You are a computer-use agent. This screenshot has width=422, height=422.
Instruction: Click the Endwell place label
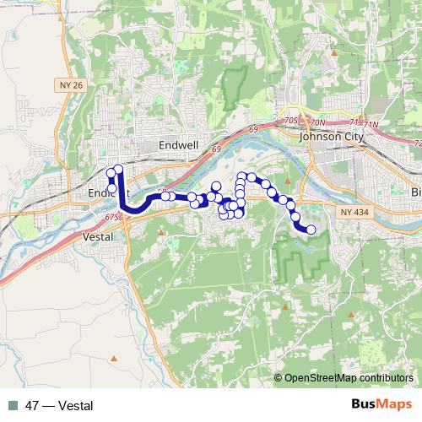point(179,145)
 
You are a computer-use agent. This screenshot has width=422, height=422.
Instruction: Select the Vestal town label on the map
point(99,238)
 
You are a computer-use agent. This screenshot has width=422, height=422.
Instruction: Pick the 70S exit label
point(292,122)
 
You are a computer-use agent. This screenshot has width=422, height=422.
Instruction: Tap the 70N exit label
point(316,122)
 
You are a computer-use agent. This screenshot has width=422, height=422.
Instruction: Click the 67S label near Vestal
point(114,218)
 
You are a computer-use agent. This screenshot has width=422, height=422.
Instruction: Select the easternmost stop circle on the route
point(311,230)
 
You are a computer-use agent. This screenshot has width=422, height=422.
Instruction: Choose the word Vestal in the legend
point(74,406)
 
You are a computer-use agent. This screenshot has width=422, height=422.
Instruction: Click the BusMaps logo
point(382,405)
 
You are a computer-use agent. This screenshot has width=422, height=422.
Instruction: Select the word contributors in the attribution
point(388,379)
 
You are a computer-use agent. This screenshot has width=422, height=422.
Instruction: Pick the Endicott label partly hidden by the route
point(100,193)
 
